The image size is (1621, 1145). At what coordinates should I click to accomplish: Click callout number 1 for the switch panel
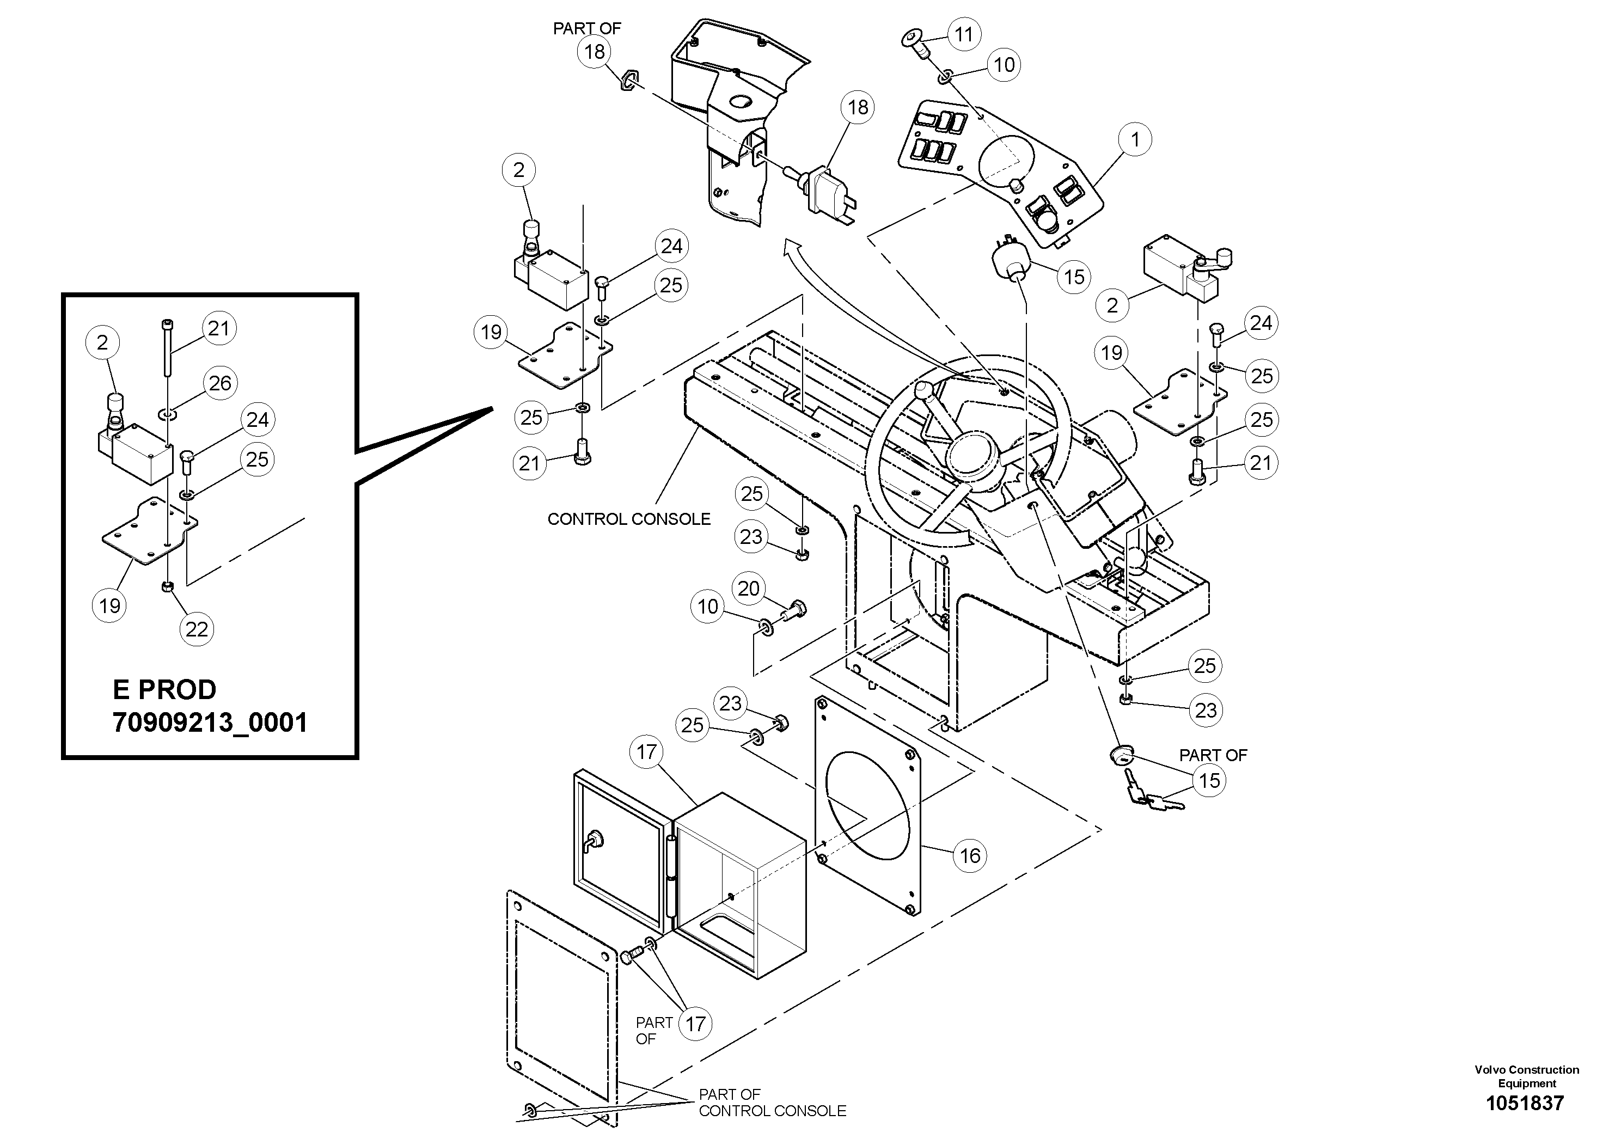coord(1135,140)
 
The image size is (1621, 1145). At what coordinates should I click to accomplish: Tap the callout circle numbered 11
coord(964,34)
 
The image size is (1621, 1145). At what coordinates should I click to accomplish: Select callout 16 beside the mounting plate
coord(970,855)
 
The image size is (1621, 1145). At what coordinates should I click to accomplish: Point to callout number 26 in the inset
coord(221,383)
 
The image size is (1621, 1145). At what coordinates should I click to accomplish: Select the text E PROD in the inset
coord(164,689)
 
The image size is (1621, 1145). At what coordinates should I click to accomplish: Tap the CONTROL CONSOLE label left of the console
coord(629,519)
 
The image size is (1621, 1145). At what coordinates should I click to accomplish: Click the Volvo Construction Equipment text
coord(1526,1076)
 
